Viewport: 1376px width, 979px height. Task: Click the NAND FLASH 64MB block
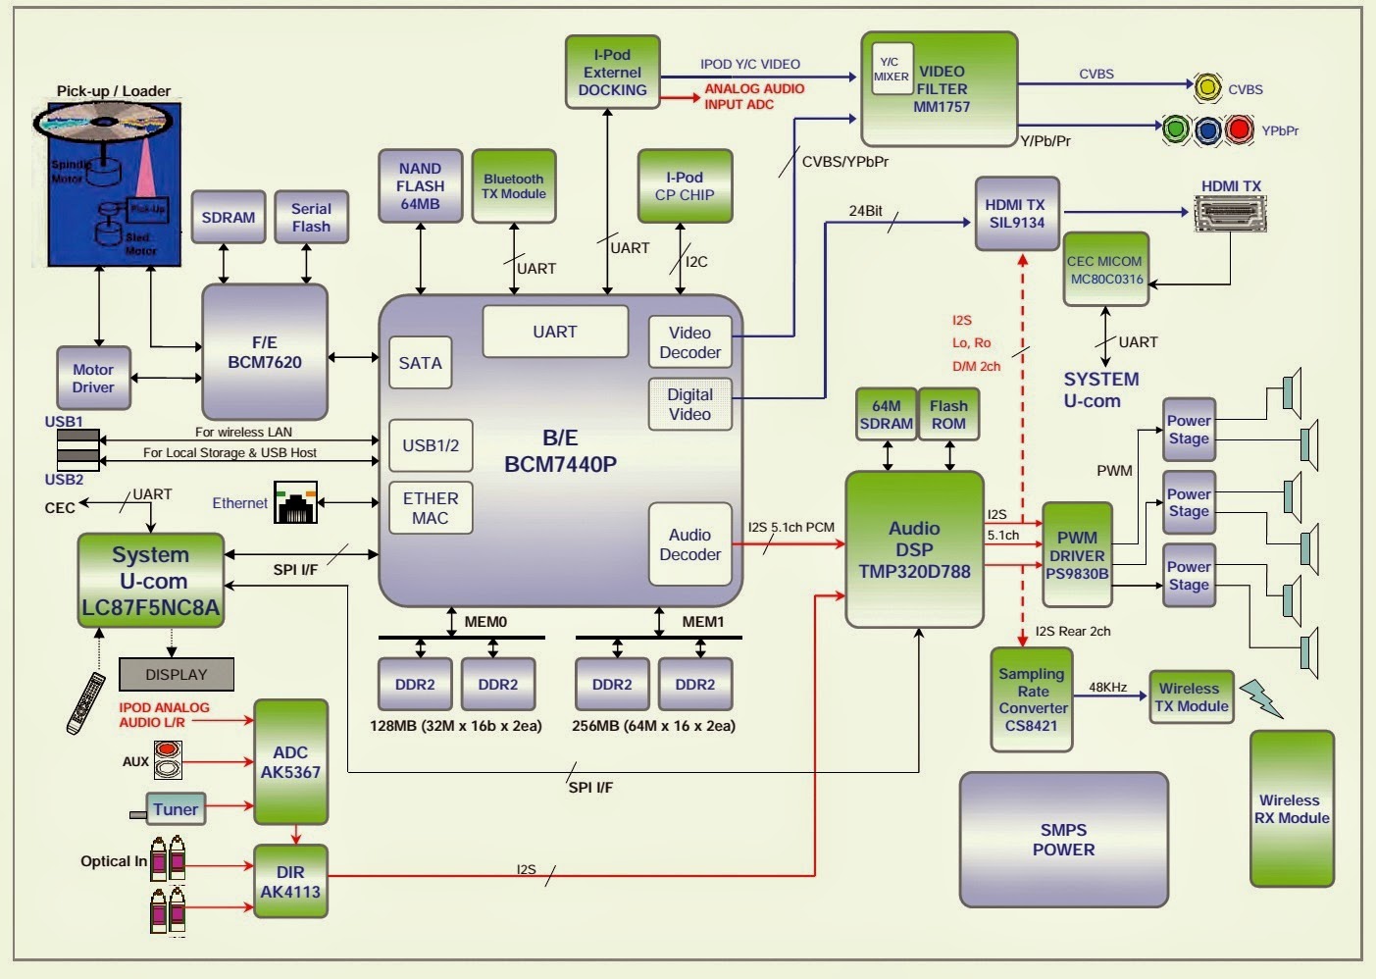[420, 186]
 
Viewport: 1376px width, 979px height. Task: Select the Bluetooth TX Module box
[513, 186]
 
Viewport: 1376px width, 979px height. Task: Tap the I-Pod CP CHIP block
[684, 186]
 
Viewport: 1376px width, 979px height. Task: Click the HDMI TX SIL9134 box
[1016, 213]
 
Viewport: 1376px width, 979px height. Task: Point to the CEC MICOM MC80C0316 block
[1105, 270]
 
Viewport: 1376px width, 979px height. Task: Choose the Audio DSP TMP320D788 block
[914, 549]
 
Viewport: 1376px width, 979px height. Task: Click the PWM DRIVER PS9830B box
[1077, 555]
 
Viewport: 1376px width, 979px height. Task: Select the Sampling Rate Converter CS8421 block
[1032, 699]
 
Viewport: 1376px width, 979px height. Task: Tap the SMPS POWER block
[1063, 839]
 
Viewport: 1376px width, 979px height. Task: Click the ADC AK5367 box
[290, 762]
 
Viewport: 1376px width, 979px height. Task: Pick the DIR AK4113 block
[290, 881]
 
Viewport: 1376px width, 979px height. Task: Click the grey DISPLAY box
[177, 674]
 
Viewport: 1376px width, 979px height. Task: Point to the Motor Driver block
[93, 378]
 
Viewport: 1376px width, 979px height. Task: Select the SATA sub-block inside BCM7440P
[420, 363]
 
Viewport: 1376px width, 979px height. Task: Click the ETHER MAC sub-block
[430, 508]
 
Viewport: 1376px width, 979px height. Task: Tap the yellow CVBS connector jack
[1207, 88]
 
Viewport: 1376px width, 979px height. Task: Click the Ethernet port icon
[296, 502]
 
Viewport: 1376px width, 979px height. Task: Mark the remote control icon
[85, 702]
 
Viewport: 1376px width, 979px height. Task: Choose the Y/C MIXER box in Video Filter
[892, 69]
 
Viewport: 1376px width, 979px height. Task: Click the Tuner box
[176, 808]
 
